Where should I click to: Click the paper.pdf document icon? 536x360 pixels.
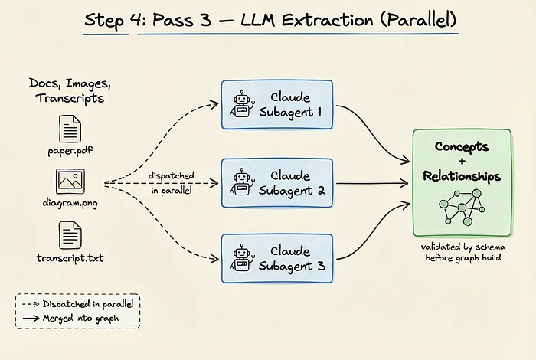pyautogui.click(x=70, y=129)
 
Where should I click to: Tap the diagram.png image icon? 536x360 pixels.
pyautogui.click(x=70, y=182)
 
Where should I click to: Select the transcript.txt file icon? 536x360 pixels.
pyautogui.click(x=70, y=235)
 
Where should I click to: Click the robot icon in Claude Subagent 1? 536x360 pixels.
pyautogui.click(x=243, y=104)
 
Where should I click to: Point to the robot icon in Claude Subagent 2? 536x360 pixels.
pyautogui.click(x=243, y=182)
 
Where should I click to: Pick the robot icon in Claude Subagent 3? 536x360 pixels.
pyautogui.click(x=243, y=258)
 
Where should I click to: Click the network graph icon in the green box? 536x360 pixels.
pyautogui.click(x=462, y=207)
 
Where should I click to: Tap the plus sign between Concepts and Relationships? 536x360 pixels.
pyautogui.click(x=462, y=161)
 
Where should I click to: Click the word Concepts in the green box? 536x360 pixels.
pyautogui.click(x=462, y=146)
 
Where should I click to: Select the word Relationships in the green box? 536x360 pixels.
pyautogui.click(x=462, y=176)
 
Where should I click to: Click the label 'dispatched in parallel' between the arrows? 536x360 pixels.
pyautogui.click(x=172, y=183)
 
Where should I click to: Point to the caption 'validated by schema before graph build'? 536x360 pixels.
pyautogui.click(x=463, y=252)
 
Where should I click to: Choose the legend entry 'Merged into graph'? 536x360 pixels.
pyautogui.click(x=80, y=319)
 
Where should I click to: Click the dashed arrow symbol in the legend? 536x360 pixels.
pyautogui.click(x=31, y=304)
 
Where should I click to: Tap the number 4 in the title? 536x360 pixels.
pyautogui.click(x=137, y=20)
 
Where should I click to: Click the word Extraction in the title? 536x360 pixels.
pyautogui.click(x=327, y=20)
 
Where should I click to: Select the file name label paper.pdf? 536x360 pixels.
pyautogui.click(x=70, y=151)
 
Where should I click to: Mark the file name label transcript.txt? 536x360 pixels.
pyautogui.click(x=70, y=258)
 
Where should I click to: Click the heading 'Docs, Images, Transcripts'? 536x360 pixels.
pyautogui.click(x=70, y=90)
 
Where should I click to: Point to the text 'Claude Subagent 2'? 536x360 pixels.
pyautogui.click(x=291, y=183)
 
